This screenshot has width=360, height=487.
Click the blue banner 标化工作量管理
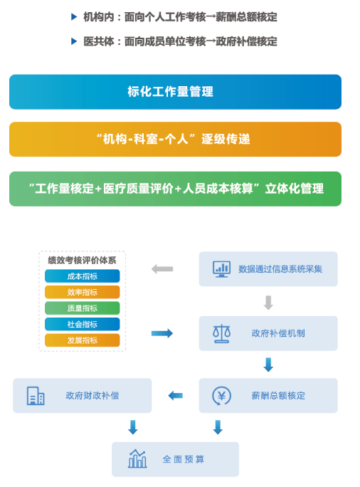pyautogui.click(x=175, y=92)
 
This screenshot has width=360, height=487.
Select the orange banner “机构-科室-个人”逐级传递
pyautogui.click(x=175, y=139)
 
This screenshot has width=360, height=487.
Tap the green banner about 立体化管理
pyautogui.click(x=175, y=189)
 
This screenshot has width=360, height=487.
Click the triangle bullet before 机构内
pyautogui.click(x=74, y=16)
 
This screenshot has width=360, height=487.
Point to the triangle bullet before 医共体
pyautogui.click(x=74, y=41)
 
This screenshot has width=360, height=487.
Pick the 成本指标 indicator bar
pyautogui.click(x=83, y=276)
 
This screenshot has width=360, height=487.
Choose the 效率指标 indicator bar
pyautogui.click(x=83, y=292)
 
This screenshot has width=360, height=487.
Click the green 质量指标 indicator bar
pyautogui.click(x=83, y=308)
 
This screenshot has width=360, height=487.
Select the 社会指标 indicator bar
pyautogui.click(x=83, y=324)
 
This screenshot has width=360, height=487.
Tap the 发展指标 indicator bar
pyautogui.click(x=83, y=340)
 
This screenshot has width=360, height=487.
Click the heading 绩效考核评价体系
pyautogui.click(x=82, y=260)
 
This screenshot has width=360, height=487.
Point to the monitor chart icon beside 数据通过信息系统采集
pyautogui.click(x=221, y=269)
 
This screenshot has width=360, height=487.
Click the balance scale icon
pyautogui.click(x=221, y=334)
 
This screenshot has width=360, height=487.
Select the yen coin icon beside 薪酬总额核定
pyautogui.click(x=221, y=396)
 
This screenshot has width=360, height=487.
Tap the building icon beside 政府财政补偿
pyautogui.click(x=36, y=396)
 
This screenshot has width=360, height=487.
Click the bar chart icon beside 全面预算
pyautogui.click(x=137, y=459)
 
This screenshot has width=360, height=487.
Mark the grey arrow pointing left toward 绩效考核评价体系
pyautogui.click(x=162, y=269)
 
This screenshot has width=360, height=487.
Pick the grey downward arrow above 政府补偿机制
pyautogui.click(x=268, y=303)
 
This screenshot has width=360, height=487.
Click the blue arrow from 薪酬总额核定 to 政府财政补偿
pyautogui.click(x=175, y=396)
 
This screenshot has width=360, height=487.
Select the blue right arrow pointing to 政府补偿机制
pyautogui.click(x=162, y=334)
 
